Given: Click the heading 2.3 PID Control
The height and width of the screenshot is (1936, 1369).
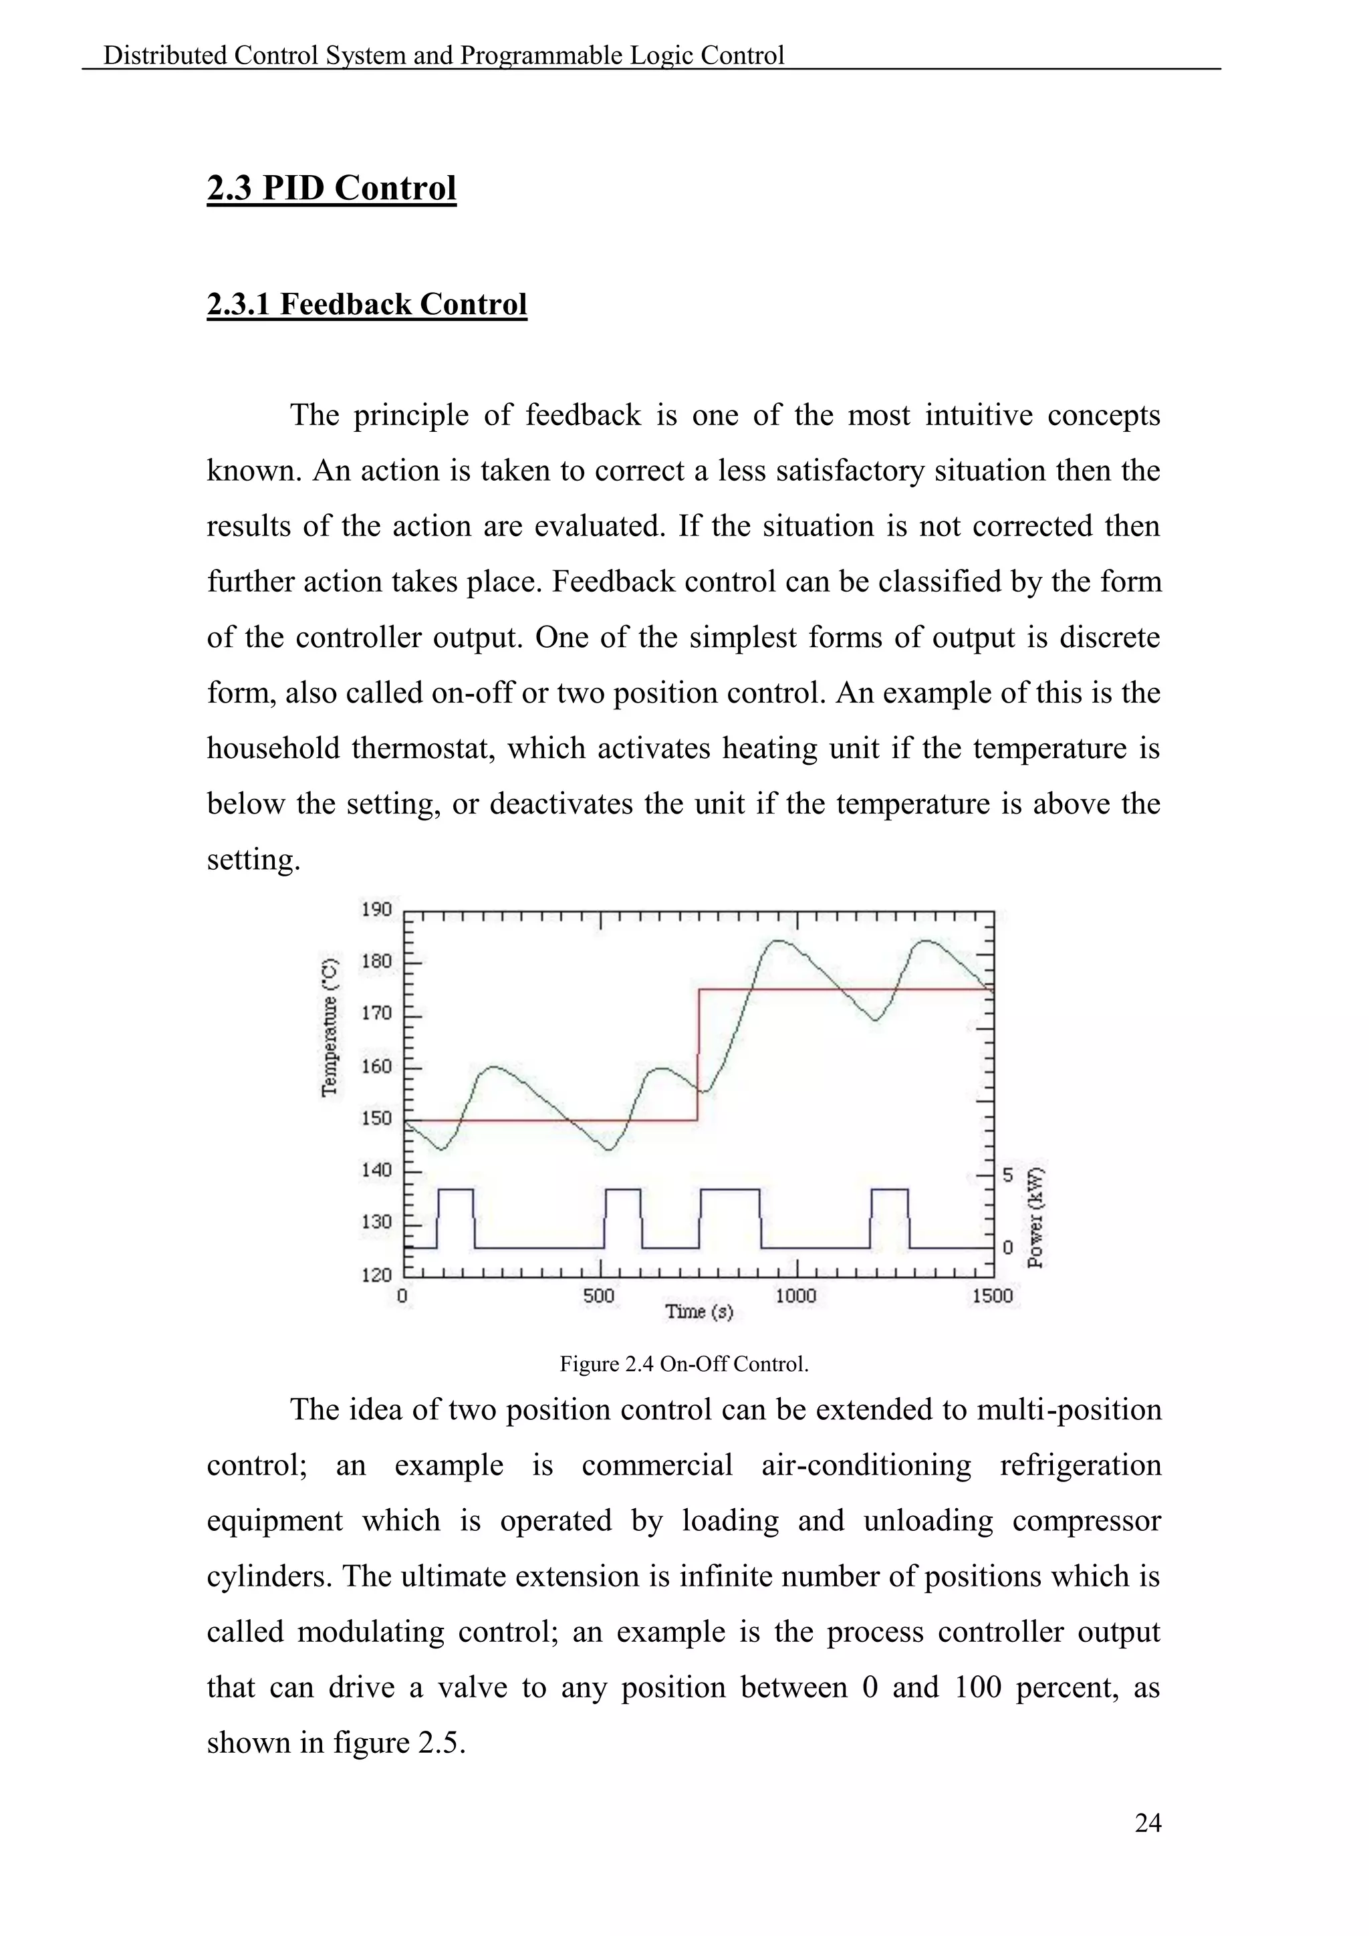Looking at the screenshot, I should point(332,187).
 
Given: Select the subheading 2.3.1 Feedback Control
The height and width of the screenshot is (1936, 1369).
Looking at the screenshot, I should point(367,304).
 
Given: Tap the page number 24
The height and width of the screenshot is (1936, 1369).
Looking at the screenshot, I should point(1148,1823).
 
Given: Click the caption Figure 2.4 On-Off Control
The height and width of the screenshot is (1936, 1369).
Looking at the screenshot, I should point(684,1364).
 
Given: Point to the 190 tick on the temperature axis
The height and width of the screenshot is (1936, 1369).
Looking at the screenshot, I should point(377,910).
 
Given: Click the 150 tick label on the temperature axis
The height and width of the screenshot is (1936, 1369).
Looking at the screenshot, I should point(377,1118).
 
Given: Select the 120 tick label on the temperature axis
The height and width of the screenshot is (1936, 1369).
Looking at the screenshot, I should point(377,1274).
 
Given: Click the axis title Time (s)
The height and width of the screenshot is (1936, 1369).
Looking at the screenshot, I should point(699,1312).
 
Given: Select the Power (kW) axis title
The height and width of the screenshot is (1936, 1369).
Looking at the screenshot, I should point(1036,1217).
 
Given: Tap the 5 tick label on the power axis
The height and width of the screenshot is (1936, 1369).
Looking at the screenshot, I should point(1008,1175).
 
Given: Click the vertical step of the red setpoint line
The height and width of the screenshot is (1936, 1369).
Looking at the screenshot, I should point(699,1054).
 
